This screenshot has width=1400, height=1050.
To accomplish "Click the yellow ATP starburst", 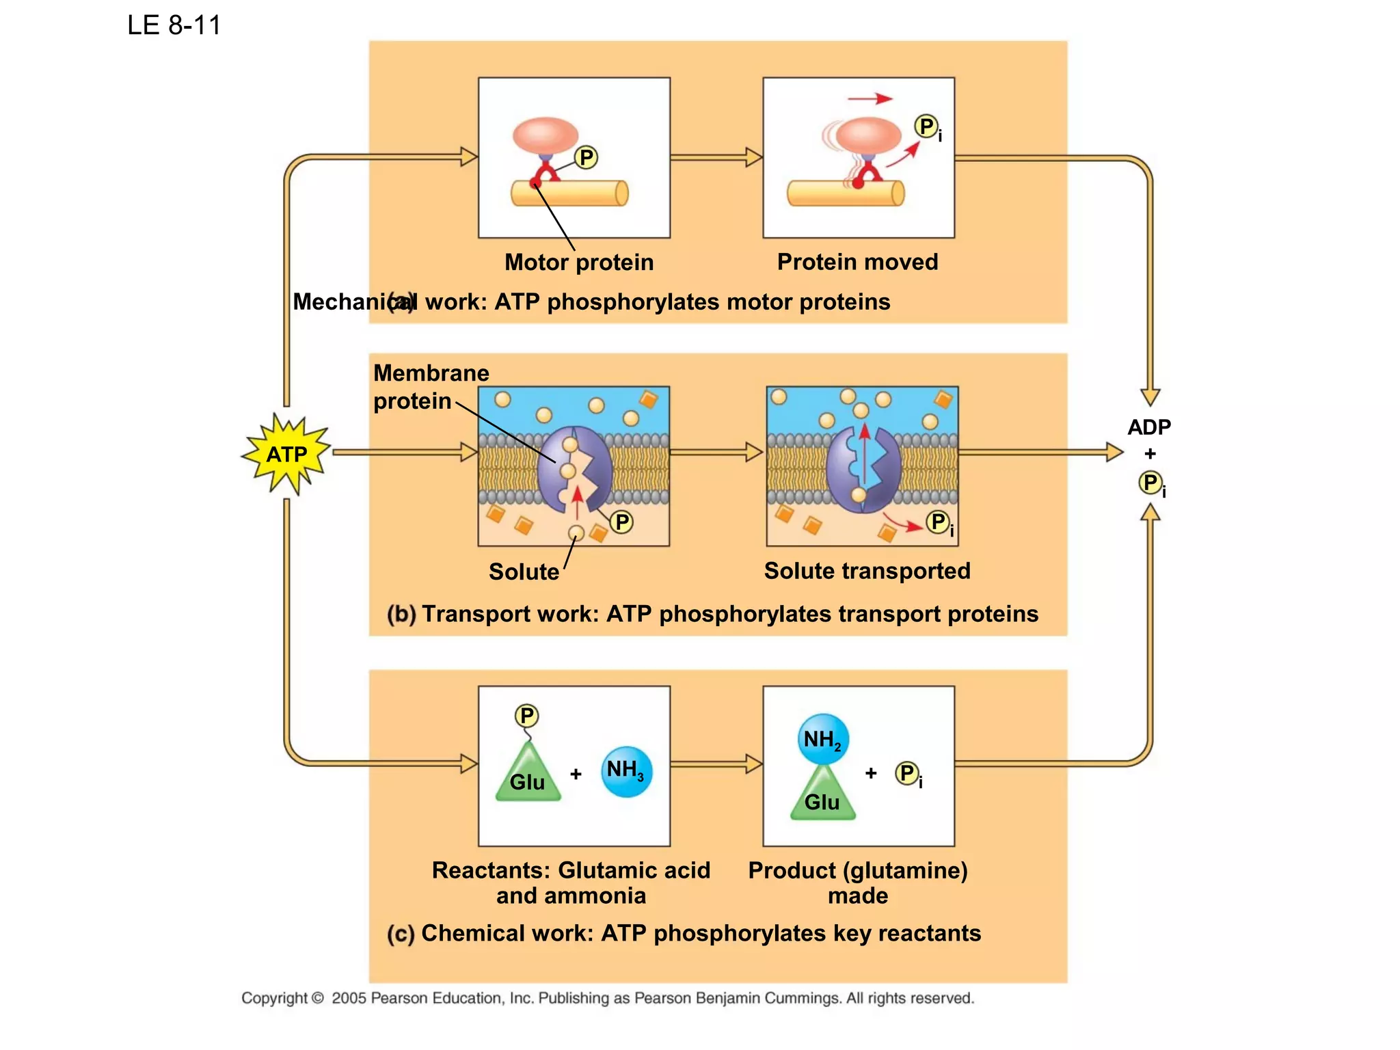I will tap(286, 454).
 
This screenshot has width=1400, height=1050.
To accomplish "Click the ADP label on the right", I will tap(1149, 427).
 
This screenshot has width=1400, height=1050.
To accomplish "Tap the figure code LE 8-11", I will tap(174, 25).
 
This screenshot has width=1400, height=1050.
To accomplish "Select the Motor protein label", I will tap(579, 262).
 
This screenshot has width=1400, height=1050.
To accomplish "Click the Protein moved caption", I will tap(857, 262).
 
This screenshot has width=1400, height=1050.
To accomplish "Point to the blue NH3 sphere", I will tap(626, 771).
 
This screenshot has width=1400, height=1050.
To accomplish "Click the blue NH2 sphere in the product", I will tap(823, 739).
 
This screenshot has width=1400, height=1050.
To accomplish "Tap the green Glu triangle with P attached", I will tap(528, 776).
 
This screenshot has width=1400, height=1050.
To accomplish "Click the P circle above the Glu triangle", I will tap(526, 716).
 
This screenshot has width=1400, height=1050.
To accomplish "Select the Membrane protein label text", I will tap(431, 387).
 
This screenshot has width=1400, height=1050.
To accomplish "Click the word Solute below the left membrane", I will tap(524, 571).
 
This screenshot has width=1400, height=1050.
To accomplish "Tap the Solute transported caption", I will tap(867, 571).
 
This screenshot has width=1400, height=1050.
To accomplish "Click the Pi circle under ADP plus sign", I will tap(1150, 483).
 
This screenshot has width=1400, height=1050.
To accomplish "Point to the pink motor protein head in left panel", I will tap(546, 135).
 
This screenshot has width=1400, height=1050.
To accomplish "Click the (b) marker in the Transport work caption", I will tap(401, 614).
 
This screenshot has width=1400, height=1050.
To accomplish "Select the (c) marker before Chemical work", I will tap(401, 934).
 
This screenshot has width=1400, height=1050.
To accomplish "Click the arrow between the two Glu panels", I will tap(716, 764).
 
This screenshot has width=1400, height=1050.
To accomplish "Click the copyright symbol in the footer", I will tap(317, 998).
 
